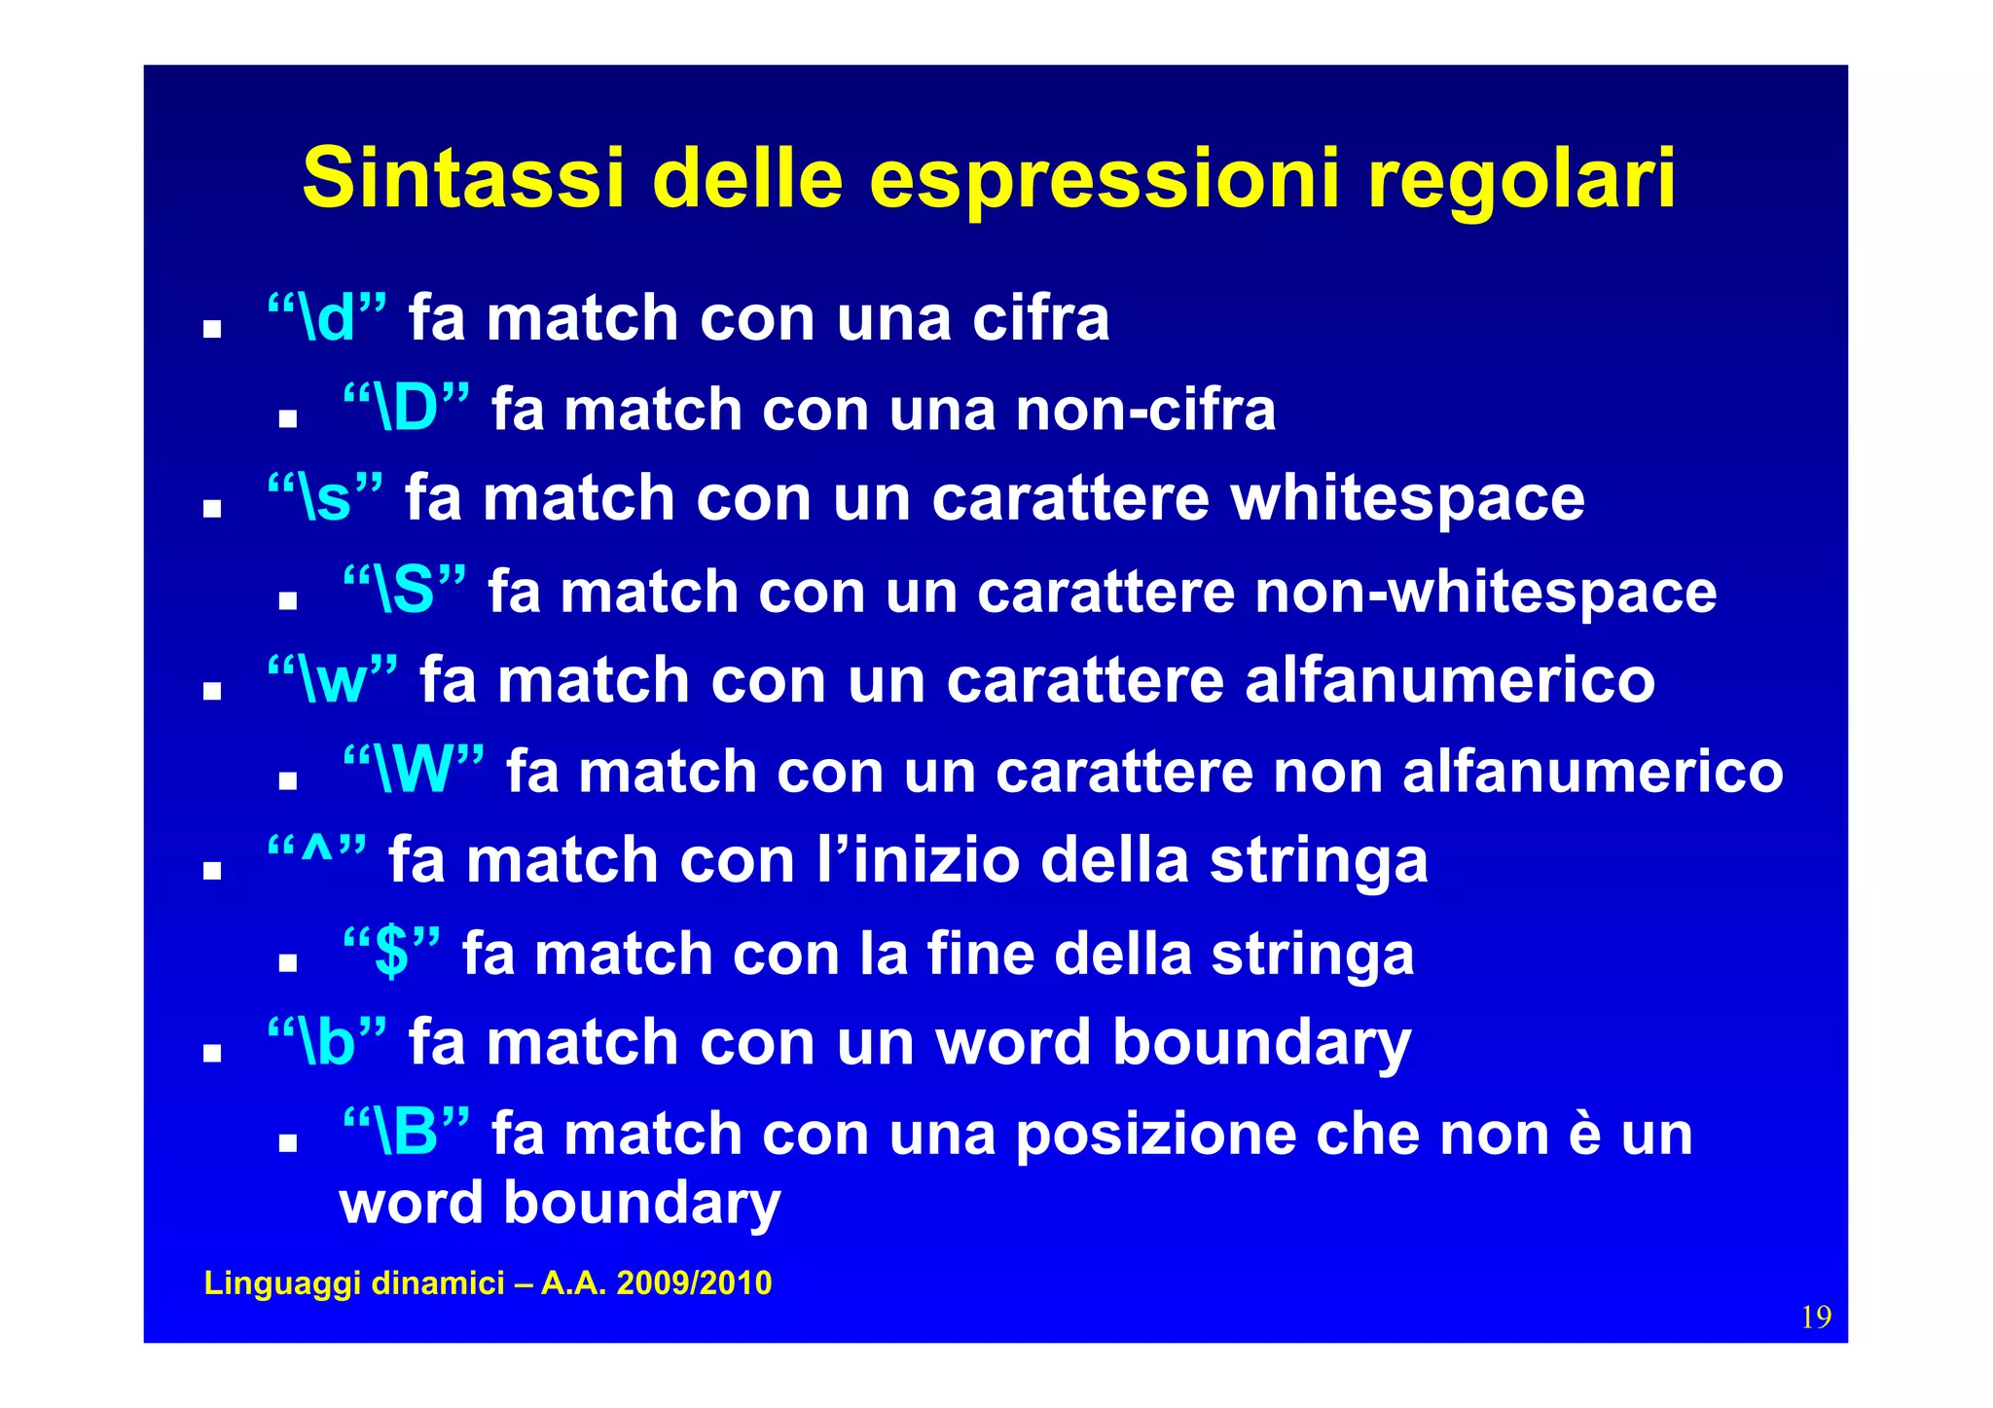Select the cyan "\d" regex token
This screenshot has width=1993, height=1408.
pos(327,317)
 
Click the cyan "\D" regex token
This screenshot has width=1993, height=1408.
pos(406,408)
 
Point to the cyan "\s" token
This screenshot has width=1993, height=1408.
pos(325,497)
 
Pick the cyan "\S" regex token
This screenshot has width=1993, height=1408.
pos(404,590)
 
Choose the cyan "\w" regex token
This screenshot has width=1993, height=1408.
pos(333,679)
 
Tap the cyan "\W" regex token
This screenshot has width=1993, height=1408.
pos(414,771)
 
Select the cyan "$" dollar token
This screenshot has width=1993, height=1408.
pos(391,952)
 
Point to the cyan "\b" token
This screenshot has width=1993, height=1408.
pos(327,1041)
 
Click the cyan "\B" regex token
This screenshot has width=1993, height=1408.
pos(406,1133)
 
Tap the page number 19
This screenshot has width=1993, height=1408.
pos(1816,1318)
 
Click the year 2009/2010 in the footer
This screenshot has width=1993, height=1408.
pos(694,1283)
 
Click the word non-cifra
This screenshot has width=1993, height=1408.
pos(1144,410)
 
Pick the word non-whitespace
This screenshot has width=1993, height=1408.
pos(1486,592)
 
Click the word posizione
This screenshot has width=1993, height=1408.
pos(1155,1135)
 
